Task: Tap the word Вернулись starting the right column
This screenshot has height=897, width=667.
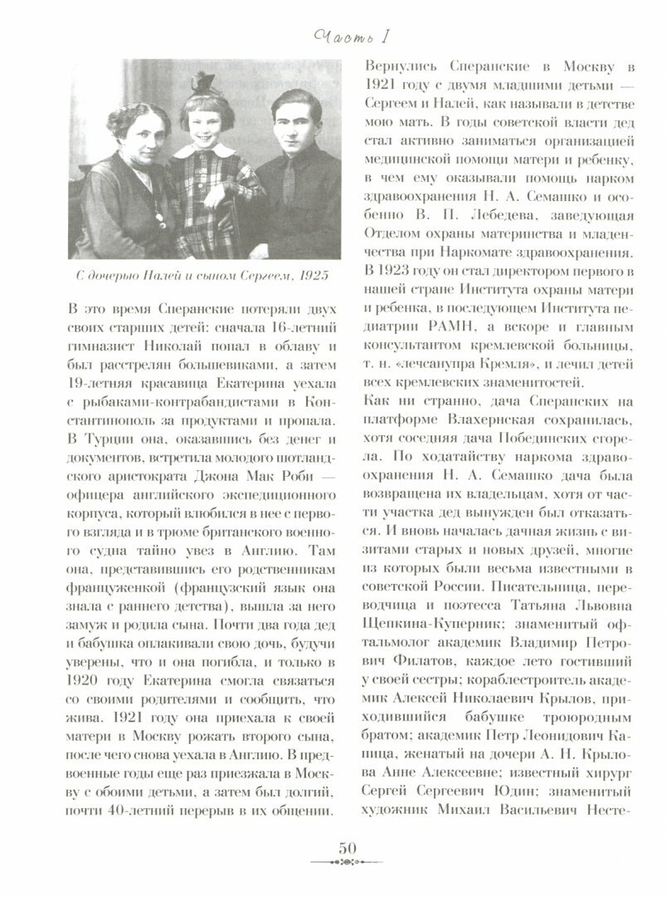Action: click(395, 66)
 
